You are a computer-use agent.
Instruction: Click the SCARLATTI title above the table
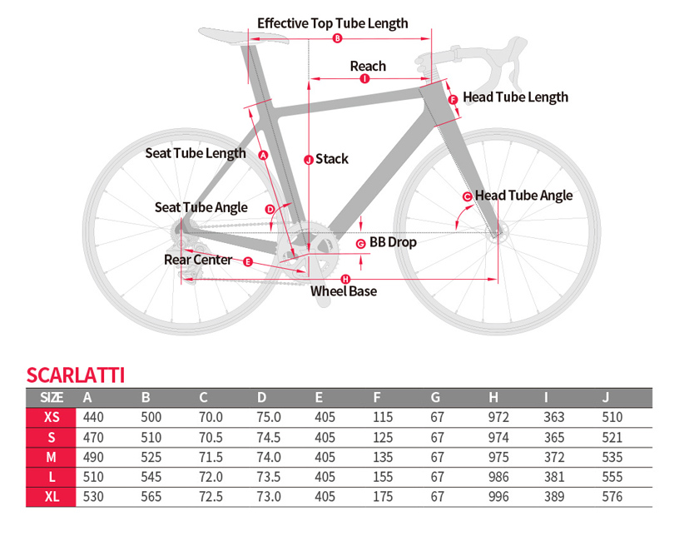76,375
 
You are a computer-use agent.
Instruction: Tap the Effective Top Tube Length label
332,23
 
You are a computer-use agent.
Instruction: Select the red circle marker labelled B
337,39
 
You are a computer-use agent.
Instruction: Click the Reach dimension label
368,66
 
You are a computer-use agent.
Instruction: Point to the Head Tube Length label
515,97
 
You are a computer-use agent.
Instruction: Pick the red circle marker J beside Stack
308,159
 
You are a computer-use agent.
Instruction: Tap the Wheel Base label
344,291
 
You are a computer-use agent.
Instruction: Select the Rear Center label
198,260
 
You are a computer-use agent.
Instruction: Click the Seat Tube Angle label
201,207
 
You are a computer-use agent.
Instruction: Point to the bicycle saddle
225,34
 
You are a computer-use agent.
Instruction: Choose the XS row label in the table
52,417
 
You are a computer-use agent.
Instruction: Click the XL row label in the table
52,497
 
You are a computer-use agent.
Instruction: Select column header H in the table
493,397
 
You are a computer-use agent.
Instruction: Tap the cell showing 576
612,497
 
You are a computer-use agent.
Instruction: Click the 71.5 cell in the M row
211,457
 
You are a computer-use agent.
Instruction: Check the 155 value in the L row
384,477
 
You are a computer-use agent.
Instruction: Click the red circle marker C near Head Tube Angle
467,196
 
